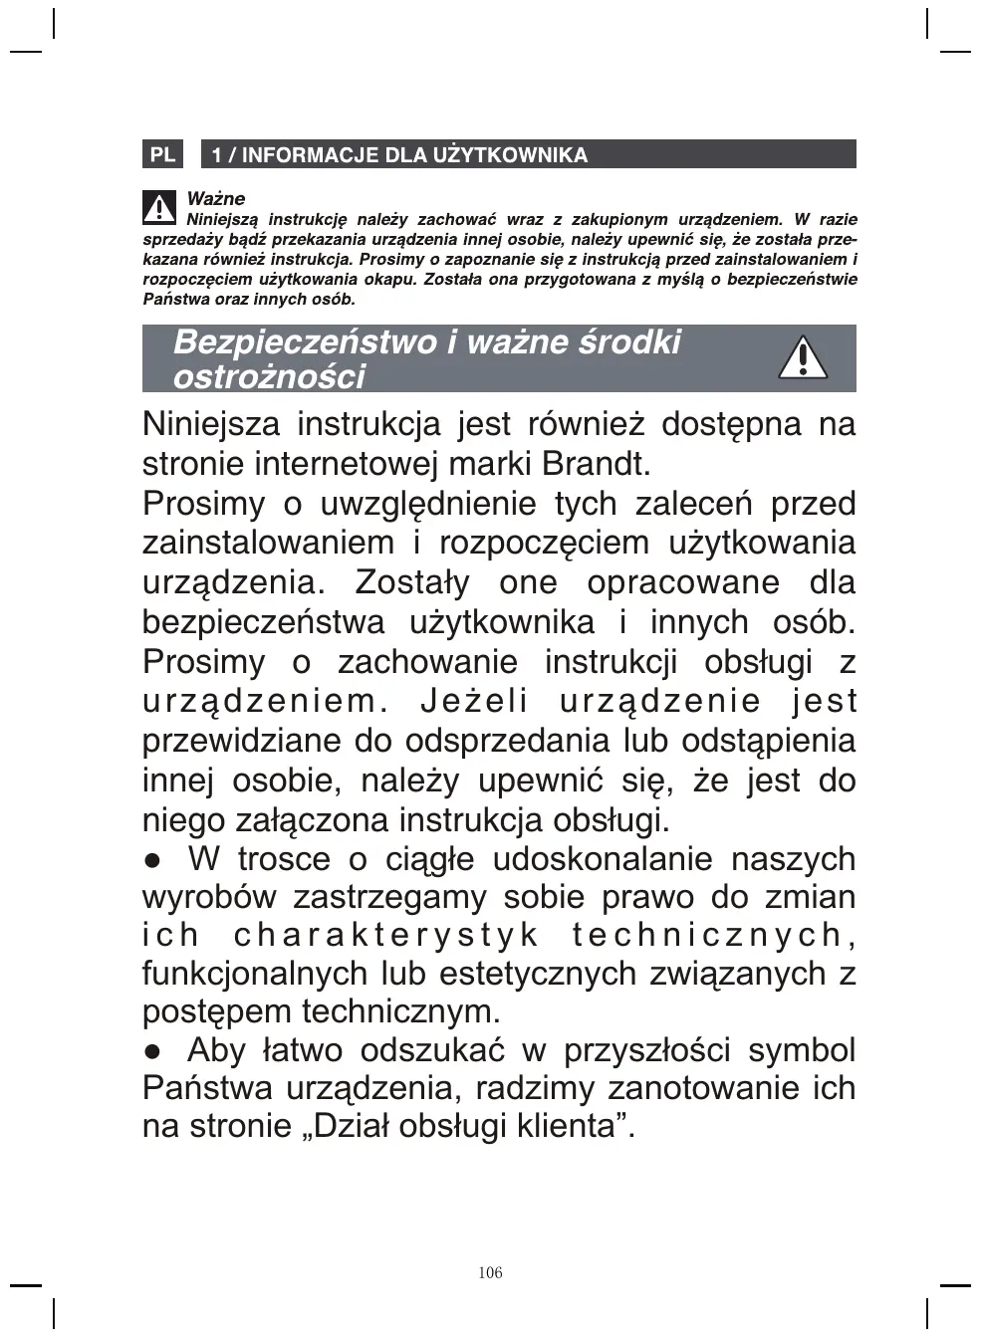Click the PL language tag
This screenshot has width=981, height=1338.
coord(162,154)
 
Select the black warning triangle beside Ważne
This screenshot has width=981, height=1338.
coord(159,207)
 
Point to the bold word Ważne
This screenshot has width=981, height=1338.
coord(215,198)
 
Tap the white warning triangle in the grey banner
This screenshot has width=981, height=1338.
coord(802,358)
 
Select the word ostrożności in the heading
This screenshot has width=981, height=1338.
coord(269,376)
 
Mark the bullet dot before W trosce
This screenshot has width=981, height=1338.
coord(152,860)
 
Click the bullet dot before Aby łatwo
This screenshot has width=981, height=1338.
coord(152,1051)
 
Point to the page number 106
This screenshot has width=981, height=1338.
coord(490,1272)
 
